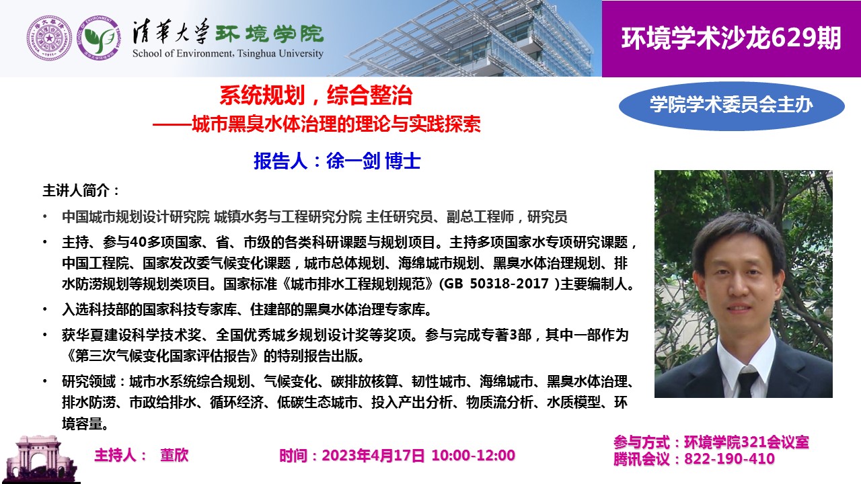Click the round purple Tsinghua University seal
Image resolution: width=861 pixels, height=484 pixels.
pyautogui.click(x=49, y=38)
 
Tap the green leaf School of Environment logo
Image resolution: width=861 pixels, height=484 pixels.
pyautogui.click(x=99, y=38)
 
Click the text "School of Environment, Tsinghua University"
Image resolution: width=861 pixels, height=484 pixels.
pyautogui.click(x=228, y=53)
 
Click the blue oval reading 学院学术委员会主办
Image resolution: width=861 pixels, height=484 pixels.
pyautogui.click(x=731, y=106)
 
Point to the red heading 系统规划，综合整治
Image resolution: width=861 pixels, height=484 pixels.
pyautogui.click(x=316, y=95)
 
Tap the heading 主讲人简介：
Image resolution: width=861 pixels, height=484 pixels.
pyautogui.click(x=81, y=190)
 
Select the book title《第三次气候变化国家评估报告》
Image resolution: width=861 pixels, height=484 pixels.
pyautogui.click(x=162, y=356)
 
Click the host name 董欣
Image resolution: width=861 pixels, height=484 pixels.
pyautogui.click(x=174, y=455)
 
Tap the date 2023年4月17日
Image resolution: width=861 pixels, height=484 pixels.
pyautogui.click(x=373, y=456)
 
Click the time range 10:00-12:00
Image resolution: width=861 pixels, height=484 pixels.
pyautogui.click(x=473, y=456)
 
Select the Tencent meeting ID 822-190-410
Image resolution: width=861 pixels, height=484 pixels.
pyautogui.click(x=729, y=459)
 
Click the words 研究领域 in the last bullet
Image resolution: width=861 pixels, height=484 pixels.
pyautogui.click(x=89, y=381)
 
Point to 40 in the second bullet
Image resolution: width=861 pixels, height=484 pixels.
pyautogui.click(x=138, y=243)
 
